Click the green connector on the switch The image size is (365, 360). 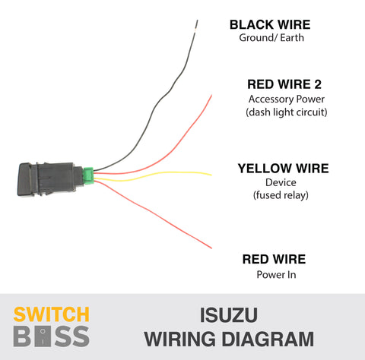click(x=88, y=175)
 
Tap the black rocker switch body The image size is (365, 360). click(x=50, y=179)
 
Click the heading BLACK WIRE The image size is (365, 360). click(x=270, y=25)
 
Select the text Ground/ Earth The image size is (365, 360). click(x=271, y=38)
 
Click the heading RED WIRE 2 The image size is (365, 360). click(x=284, y=84)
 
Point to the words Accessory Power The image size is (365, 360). click(x=287, y=99)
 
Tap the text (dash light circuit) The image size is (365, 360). click(x=287, y=112)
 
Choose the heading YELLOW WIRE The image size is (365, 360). click(x=283, y=169)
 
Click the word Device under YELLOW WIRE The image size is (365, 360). click(x=281, y=182)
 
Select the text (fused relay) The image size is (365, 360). click(x=281, y=195)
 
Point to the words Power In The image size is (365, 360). click(x=276, y=275)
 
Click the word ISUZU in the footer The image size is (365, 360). click(x=229, y=315)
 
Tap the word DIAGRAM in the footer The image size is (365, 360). click(x=268, y=339)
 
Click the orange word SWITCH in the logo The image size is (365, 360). click(x=52, y=314)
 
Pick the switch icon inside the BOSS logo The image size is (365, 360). click(x=43, y=336)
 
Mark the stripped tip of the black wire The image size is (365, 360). click(x=196, y=26)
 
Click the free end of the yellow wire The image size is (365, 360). click(x=211, y=175)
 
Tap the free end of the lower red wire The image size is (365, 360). click(x=211, y=248)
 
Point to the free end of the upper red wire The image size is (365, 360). click(x=211, y=96)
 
